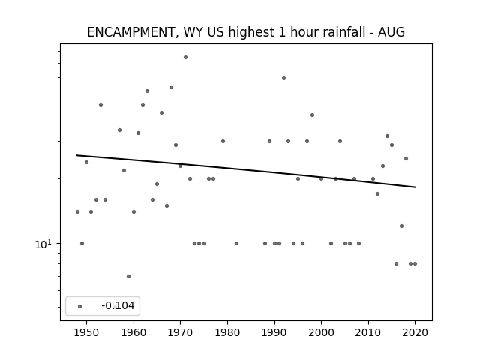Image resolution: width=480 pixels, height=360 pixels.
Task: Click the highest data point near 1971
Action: coord(185,58)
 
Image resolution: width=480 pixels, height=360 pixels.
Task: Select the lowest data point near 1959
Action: coord(128,277)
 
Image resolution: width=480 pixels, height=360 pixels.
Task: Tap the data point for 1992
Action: coord(283,78)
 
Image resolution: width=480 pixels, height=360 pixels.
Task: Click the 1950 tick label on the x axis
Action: coord(87,333)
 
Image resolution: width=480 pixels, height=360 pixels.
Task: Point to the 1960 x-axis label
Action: coord(133,333)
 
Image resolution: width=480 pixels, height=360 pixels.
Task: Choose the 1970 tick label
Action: coord(180,333)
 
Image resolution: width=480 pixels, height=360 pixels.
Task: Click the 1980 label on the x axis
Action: coord(227,333)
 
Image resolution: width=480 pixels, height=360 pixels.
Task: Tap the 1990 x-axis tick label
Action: coord(274,333)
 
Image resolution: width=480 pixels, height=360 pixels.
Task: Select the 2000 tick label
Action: coord(321,333)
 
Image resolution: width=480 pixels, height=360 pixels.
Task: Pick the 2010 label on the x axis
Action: coord(368,333)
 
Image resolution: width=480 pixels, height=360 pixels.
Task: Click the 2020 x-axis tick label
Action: coord(415,333)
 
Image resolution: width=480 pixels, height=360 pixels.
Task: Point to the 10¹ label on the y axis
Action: coord(43,244)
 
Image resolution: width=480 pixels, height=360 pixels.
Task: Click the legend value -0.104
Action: coord(118,305)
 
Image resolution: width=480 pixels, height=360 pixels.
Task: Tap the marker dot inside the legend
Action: coord(80,306)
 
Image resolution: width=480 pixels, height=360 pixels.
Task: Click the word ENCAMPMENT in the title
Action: coord(131,32)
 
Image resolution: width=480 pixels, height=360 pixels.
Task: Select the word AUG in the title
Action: coord(391,32)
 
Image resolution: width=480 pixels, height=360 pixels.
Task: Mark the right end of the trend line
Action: coord(415,187)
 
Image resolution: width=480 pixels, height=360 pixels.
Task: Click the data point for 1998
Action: coord(312,115)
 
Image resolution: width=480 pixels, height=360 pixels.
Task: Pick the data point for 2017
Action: coord(402,226)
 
